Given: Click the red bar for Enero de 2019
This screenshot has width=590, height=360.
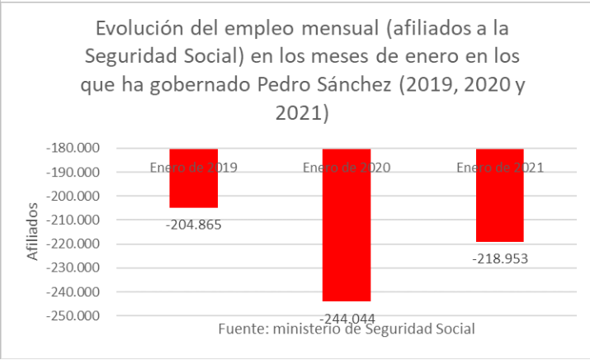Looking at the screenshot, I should (x=194, y=188).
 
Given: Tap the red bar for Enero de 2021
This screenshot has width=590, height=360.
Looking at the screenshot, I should (x=499, y=206).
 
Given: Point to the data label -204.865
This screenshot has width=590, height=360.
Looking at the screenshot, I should (x=195, y=224).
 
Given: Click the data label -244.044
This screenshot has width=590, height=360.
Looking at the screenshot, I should (x=347, y=317).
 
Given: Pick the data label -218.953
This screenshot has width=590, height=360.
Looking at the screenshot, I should (x=500, y=258).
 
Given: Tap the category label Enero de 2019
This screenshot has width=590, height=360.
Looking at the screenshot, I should (x=194, y=168).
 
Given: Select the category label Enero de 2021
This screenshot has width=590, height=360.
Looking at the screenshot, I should (x=499, y=168).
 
